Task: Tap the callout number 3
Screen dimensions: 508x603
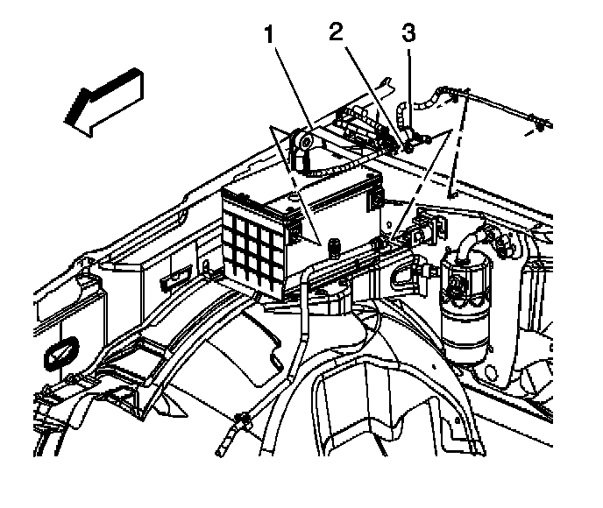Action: click(x=408, y=33)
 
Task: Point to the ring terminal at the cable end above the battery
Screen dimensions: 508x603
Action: click(x=304, y=139)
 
